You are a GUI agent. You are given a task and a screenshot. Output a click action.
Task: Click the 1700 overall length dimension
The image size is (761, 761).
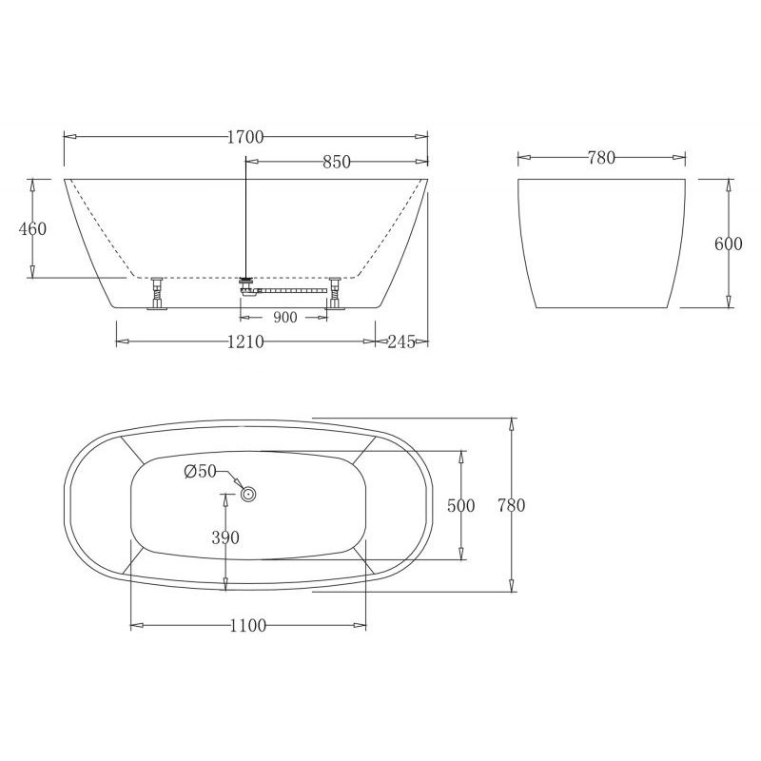(245, 137)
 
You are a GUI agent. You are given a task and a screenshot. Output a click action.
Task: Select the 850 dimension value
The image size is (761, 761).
(336, 162)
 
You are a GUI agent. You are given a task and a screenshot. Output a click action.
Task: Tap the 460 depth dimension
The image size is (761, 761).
(32, 228)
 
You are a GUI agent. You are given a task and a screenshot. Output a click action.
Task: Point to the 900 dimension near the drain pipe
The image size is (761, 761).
(285, 317)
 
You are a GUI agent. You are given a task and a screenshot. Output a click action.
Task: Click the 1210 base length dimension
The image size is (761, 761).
(245, 341)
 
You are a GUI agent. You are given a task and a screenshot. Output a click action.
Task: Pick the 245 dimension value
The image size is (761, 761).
(402, 341)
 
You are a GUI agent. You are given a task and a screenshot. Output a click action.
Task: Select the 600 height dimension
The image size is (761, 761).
(728, 243)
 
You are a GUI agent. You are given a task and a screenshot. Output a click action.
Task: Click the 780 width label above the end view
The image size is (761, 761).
(601, 158)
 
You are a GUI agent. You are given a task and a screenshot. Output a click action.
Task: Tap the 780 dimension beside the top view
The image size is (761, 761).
(511, 505)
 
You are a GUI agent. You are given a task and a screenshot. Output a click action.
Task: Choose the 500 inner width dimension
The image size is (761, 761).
(460, 505)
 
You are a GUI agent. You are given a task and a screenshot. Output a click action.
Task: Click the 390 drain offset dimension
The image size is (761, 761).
(225, 537)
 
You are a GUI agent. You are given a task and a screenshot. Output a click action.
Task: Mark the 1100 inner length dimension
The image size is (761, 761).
(247, 626)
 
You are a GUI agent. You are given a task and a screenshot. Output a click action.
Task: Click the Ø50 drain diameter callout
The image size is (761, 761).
(201, 471)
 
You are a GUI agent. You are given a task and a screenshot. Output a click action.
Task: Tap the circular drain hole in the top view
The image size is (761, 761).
(249, 494)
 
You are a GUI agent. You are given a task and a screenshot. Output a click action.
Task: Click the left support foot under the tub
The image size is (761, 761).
(157, 294)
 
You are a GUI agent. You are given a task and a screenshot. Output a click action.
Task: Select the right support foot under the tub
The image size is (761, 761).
(335, 294)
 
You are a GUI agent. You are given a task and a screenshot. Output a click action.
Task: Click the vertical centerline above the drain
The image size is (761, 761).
(246, 219)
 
